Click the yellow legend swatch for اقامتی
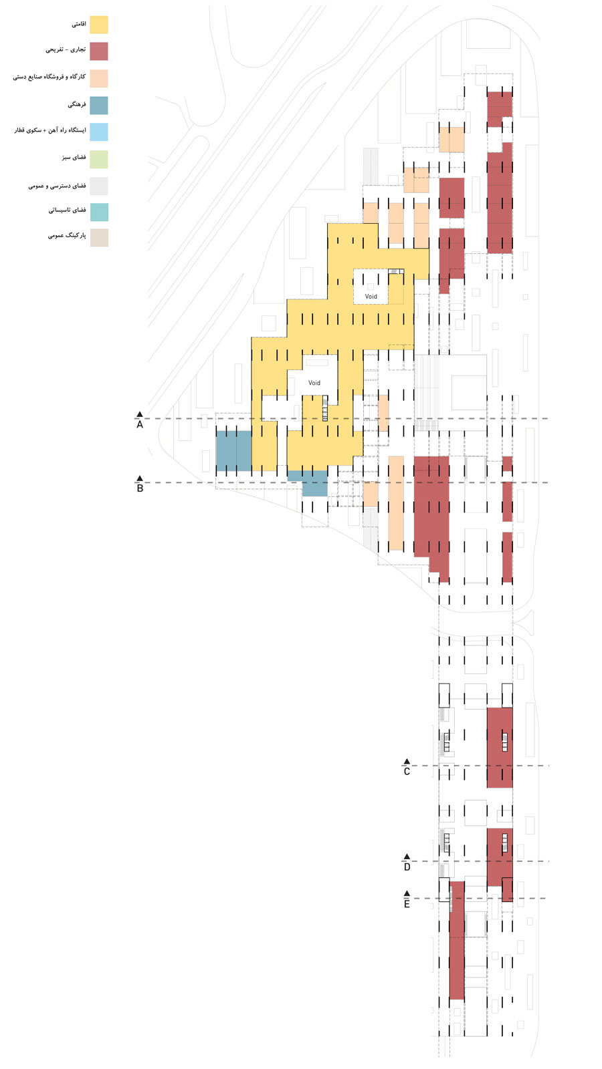(99, 25)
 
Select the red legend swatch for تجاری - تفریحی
(99, 51)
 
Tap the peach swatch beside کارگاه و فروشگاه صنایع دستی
(99, 78)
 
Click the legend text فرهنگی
(77, 105)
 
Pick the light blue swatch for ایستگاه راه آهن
(99, 132)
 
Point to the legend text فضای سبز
(74, 158)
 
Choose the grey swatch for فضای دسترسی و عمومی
(99, 185)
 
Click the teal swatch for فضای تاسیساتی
(99, 212)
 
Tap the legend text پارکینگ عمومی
(67, 236)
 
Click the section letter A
(140, 425)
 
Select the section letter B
(140, 488)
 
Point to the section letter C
(407, 772)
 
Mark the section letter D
(407, 867)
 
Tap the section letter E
(407, 905)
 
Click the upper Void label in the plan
(371, 297)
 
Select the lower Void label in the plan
(314, 384)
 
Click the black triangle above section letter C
(407, 762)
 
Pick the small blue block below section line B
(314, 484)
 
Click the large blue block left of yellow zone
(233, 451)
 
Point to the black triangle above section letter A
(140, 415)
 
